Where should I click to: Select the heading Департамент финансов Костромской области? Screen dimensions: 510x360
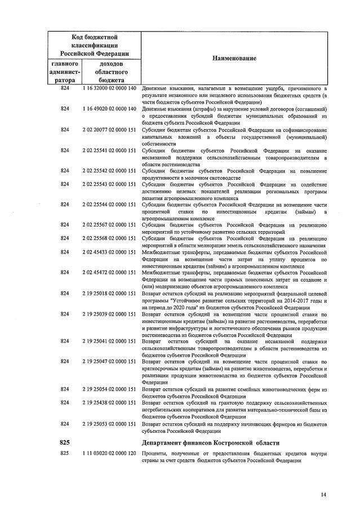[211, 441]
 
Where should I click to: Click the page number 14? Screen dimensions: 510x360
[323, 494]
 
